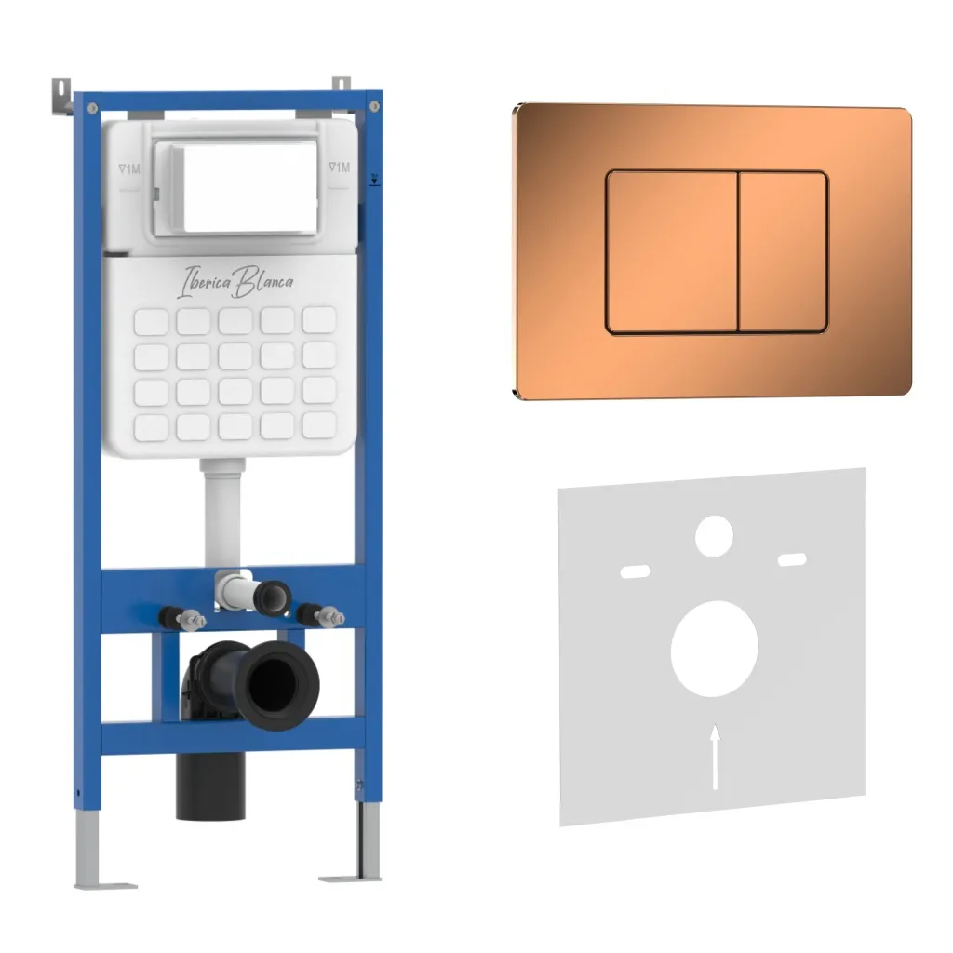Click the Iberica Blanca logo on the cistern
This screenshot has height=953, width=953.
point(235,282)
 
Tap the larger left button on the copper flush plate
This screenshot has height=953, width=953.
point(672,252)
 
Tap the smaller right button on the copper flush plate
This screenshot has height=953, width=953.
point(783,252)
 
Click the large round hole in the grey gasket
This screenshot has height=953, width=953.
point(714,649)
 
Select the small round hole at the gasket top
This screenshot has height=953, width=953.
point(714,536)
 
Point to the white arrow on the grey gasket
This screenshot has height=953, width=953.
point(716,757)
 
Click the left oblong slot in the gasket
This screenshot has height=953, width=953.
point(635,571)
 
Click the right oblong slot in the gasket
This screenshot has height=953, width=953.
point(793,559)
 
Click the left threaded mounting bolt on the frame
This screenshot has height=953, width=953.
point(182,618)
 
